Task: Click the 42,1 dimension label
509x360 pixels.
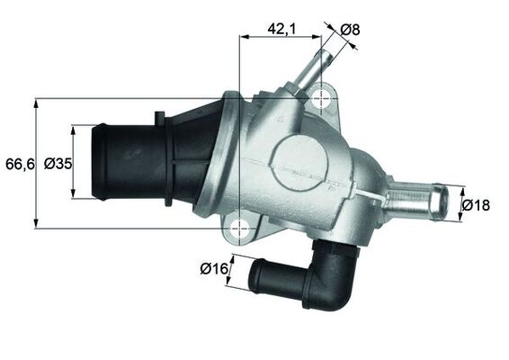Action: (281, 28)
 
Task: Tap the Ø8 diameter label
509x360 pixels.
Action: (352, 29)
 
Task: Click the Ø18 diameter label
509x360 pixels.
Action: (476, 205)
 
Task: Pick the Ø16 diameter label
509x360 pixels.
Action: (212, 268)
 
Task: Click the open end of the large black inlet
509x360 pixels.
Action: (97, 163)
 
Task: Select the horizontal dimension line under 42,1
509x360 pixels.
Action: (281, 38)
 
